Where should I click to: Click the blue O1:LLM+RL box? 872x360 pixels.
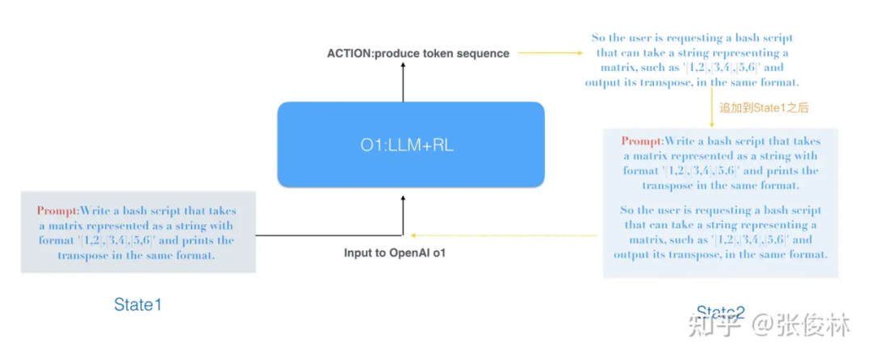tap(410, 144)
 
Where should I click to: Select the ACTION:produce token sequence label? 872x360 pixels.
tap(417, 53)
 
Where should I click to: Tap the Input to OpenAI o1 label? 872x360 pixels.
tap(395, 253)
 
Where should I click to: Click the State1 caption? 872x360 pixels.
tap(137, 304)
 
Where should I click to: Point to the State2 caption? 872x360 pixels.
tap(720, 312)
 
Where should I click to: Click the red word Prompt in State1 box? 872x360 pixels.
tap(57, 211)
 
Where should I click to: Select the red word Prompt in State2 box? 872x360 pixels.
tap(641, 140)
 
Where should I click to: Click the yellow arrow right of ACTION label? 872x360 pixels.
tap(550, 53)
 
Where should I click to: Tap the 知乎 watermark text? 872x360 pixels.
tap(708, 327)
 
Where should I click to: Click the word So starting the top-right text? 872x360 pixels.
tap(599, 39)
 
